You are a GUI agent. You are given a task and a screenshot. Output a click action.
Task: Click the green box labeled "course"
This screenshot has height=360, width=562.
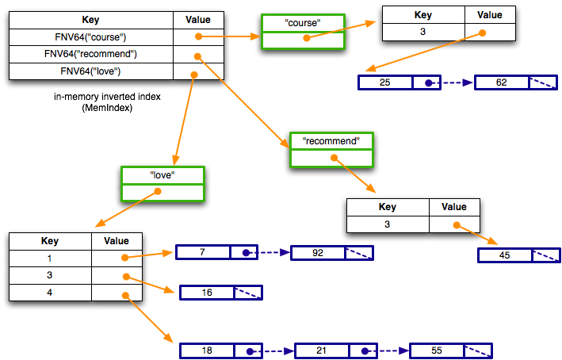click(302, 36)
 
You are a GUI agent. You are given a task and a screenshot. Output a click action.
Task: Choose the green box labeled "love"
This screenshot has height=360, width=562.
click(162, 183)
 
